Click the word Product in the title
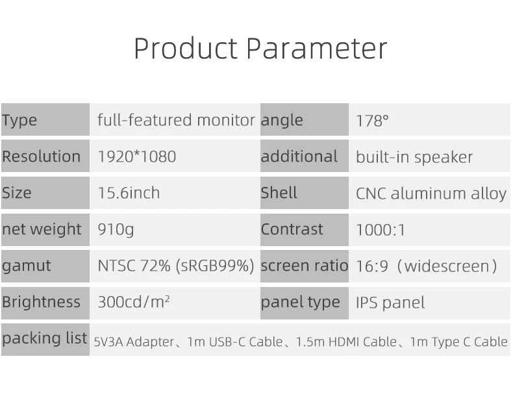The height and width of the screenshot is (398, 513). tap(186, 48)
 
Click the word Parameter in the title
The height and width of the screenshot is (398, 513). tap(317, 48)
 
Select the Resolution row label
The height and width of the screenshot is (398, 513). tap(41, 156)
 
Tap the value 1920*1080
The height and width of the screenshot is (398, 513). tap(137, 156)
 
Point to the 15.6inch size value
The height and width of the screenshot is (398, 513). tap(129, 193)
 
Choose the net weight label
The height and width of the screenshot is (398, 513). tap(42, 229)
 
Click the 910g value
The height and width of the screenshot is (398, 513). tap(116, 230)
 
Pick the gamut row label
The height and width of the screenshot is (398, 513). tap(27, 266)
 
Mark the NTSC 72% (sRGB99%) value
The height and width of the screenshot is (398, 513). tap(176, 266)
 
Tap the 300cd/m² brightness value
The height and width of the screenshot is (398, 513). tap(134, 302)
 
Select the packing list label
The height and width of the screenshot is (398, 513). tap(45, 338)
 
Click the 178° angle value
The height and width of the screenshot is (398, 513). tap(372, 121)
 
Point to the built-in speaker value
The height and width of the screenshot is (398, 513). tap(414, 157)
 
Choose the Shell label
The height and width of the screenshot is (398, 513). tap(279, 193)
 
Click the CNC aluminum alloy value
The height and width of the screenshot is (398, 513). tap(431, 193)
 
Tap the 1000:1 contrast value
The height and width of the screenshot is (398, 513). tap(381, 230)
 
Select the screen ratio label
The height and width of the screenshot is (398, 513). tap(305, 266)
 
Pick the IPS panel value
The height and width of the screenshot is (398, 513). tap(390, 303)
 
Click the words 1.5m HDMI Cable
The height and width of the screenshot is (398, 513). tap(346, 342)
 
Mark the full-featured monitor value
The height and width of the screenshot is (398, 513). tap(176, 120)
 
